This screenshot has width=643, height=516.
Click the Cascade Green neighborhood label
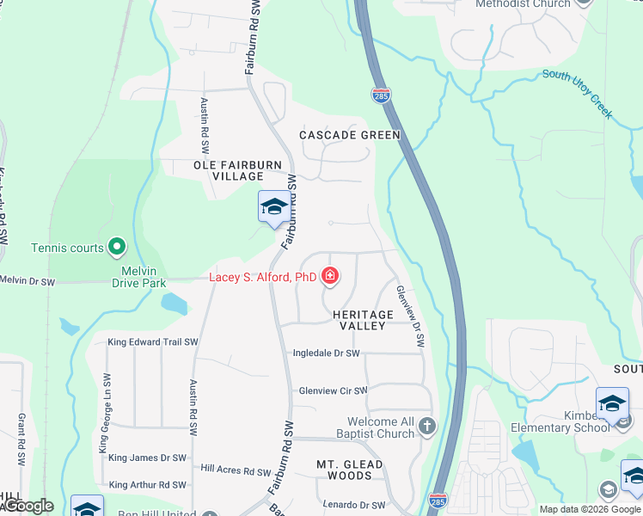(349, 135)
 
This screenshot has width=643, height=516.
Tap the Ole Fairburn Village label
(228, 169)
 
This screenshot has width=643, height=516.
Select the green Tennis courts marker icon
(117, 248)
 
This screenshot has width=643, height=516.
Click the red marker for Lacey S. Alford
(329, 276)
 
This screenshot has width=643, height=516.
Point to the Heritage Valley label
(363, 321)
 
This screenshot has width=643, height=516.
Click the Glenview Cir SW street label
(333, 390)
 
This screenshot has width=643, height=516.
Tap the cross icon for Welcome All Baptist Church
(427, 426)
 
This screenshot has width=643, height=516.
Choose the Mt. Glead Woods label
(349, 470)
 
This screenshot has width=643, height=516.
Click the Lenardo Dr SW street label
(353, 505)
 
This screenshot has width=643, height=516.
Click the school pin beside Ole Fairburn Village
(274, 207)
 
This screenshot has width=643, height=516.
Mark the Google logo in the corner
(28, 506)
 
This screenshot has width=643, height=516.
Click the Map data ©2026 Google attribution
(589, 509)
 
